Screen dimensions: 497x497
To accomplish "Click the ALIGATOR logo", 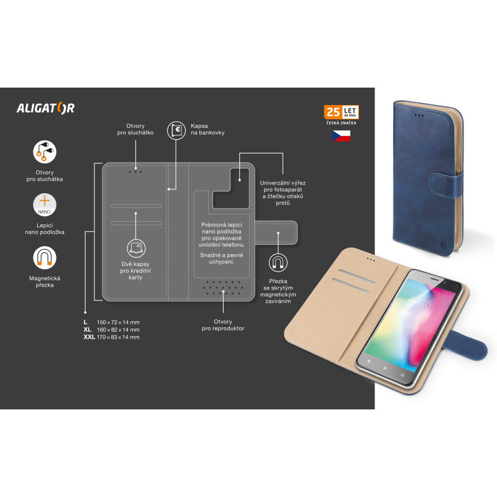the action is [45, 108].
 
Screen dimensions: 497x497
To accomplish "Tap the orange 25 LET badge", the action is [341, 112].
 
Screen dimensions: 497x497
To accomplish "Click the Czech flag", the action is [341, 135].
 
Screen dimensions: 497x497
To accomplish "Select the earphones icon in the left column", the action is [45, 152].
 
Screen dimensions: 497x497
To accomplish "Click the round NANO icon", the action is [45, 205].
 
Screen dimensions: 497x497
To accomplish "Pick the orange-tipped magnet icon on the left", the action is [45, 258].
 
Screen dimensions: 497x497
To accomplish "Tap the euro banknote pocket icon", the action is [176, 130].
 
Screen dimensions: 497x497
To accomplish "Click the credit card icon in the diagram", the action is [136, 248].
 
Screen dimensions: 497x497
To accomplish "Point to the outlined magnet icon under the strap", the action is [278, 263].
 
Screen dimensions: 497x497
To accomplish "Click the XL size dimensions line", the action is [112, 330].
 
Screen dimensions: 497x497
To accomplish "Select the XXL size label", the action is [89, 337].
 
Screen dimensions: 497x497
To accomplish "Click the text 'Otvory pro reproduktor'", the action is [223, 325].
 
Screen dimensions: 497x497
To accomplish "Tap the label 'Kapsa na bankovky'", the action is [207, 129].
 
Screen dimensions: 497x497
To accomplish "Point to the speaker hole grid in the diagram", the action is [223, 288].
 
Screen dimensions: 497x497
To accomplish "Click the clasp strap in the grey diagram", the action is [276, 232].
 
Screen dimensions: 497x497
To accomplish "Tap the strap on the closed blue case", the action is [446, 185].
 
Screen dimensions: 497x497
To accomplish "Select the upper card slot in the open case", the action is [357, 276].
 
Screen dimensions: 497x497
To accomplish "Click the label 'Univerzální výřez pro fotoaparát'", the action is [283, 186].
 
